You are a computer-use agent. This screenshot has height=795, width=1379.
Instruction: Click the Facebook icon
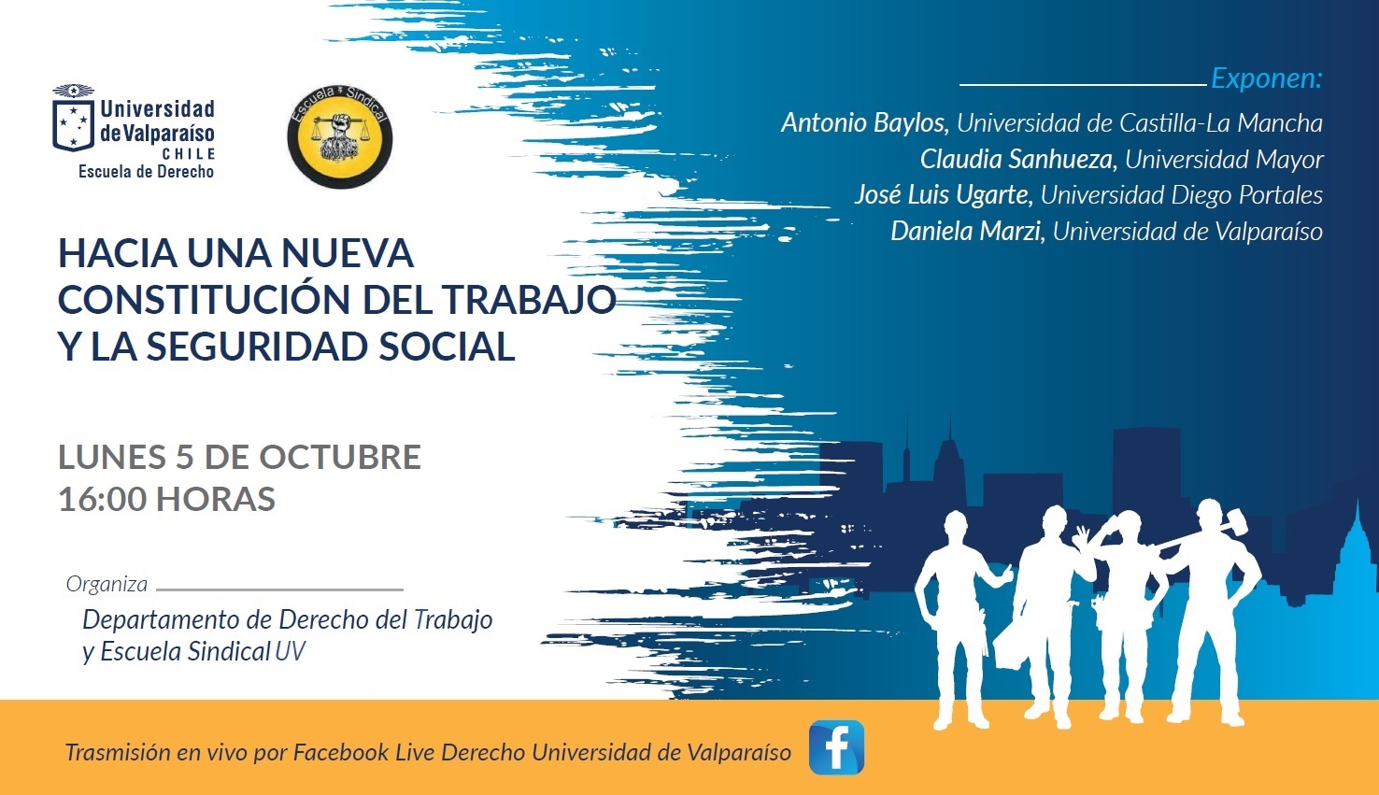click(836, 747)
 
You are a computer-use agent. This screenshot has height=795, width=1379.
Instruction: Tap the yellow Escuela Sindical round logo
click(340, 136)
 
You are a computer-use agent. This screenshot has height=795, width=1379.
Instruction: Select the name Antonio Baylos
click(863, 123)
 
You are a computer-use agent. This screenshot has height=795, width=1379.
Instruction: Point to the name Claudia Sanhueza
click(1017, 160)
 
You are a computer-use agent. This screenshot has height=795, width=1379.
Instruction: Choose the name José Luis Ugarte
click(942, 195)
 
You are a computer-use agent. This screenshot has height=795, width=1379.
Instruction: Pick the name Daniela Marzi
click(966, 231)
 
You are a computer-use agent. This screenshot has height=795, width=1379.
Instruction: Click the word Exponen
click(1266, 78)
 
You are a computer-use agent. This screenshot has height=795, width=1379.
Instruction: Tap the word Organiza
click(107, 585)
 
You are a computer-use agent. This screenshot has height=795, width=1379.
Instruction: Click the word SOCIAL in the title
click(447, 346)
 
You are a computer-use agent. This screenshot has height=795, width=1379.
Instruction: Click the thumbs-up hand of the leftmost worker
click(1002, 575)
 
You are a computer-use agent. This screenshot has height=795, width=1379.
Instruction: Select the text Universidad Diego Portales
click(1181, 195)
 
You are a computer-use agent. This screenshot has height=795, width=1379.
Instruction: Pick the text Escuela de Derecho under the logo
click(146, 172)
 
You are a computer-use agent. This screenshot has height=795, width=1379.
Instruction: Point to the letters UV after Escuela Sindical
click(290, 651)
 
